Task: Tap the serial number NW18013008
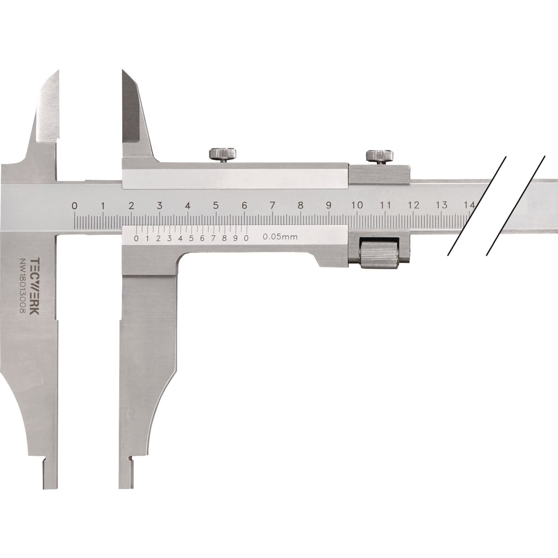23,286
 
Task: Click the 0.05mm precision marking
280,237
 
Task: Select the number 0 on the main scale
74,206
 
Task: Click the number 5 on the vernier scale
191,239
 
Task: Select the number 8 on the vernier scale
224,239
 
